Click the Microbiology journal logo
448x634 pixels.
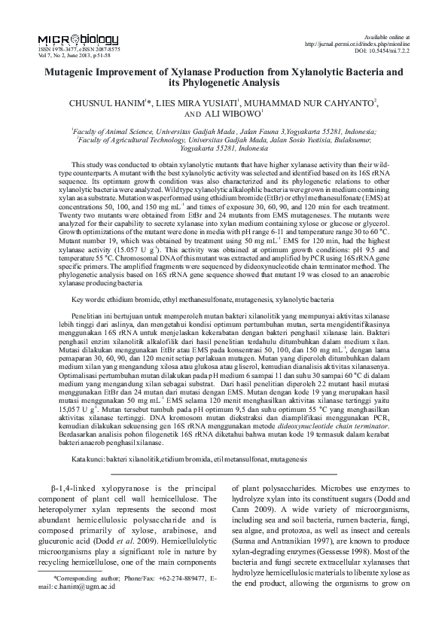[x=77, y=40]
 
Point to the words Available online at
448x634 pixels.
[x=386, y=36]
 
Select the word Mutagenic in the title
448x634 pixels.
[x=75, y=72]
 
